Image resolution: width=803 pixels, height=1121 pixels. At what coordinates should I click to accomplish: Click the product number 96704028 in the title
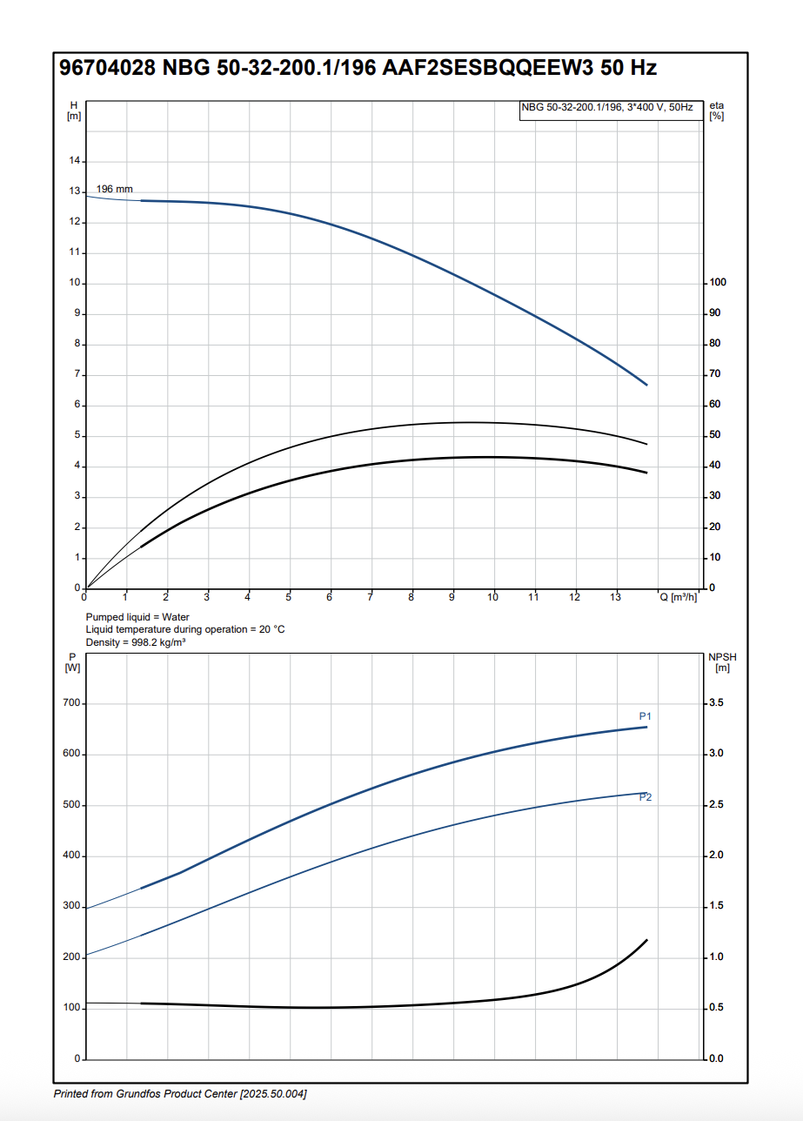click(x=107, y=69)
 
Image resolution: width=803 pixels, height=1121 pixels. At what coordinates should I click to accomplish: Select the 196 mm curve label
click(x=114, y=189)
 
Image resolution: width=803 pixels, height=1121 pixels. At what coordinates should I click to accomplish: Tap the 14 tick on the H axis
click(x=75, y=161)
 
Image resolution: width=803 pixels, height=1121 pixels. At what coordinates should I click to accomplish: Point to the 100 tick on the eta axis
click(x=718, y=283)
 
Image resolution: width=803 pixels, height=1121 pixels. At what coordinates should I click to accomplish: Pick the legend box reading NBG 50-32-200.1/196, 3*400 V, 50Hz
click(x=610, y=108)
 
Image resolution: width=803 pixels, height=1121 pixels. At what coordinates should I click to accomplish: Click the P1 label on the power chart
click(x=646, y=716)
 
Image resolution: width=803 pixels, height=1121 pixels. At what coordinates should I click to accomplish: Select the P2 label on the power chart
click(x=646, y=797)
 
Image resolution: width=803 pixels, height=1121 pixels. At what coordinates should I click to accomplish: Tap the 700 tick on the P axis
click(x=70, y=703)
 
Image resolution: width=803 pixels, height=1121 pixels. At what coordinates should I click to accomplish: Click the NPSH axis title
click(x=722, y=661)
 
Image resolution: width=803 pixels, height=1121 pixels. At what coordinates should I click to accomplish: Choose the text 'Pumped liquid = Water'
click(x=137, y=617)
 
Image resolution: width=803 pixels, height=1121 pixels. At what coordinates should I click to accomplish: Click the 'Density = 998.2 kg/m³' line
click(x=135, y=642)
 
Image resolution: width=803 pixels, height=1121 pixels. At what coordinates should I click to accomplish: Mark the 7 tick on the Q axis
click(x=371, y=597)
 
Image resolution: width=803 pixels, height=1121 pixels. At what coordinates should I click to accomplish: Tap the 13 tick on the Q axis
click(x=615, y=597)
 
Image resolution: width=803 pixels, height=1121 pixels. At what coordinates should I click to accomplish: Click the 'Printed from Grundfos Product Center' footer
click(x=180, y=1093)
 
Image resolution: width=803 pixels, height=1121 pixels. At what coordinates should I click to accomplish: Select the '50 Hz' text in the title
click(x=627, y=69)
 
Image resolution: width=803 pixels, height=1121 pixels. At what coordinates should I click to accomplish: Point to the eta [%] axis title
click(x=717, y=111)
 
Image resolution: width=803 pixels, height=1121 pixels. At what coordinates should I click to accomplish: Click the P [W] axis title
click(x=73, y=661)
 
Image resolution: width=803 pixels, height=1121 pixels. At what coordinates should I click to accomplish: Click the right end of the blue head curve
click(x=646, y=384)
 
